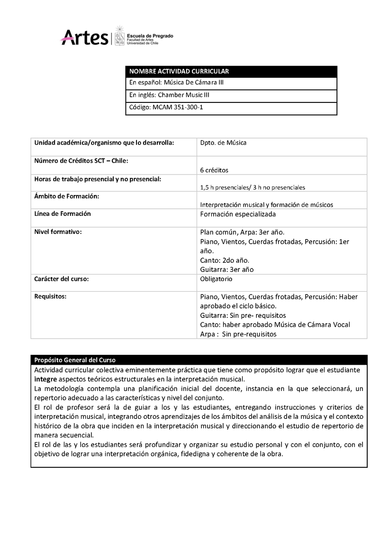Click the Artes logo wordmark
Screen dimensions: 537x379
point(84,36)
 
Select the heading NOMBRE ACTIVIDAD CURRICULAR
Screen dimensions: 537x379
point(179,72)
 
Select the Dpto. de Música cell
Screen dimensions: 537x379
point(223,143)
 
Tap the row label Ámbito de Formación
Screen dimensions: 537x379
point(67,196)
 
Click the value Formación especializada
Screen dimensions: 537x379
point(238,214)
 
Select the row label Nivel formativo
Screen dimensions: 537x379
point(58,232)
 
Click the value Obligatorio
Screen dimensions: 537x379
point(216,279)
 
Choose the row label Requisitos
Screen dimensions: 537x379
point(50,296)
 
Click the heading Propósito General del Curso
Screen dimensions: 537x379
point(75,360)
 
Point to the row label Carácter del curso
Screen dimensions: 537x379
point(62,279)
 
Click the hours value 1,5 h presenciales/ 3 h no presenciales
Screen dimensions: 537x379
point(253,187)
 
